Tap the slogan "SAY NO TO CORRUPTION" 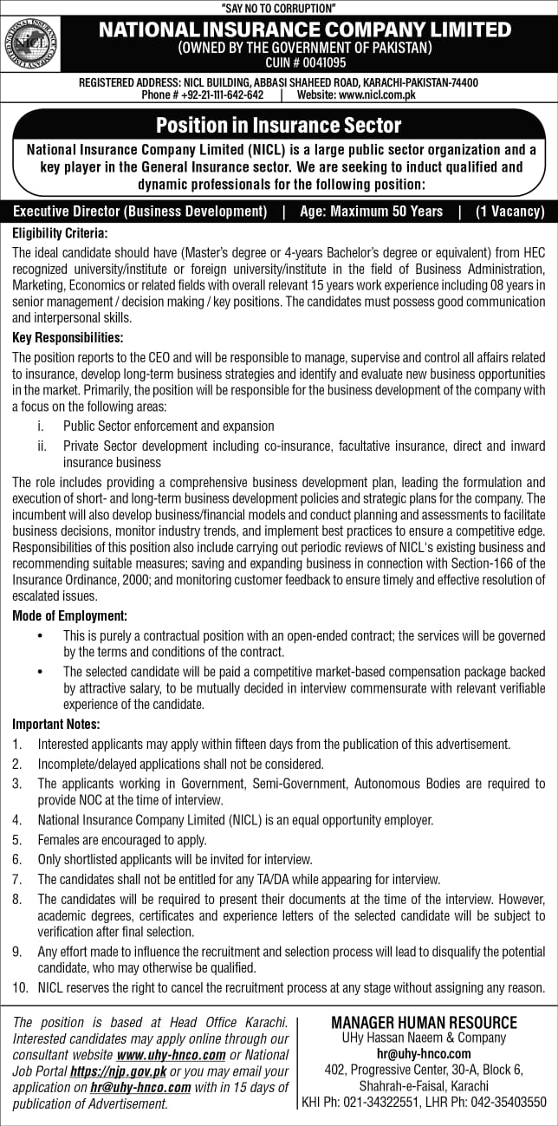(278, 8)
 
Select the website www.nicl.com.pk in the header (356, 94)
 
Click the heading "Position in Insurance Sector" (278, 126)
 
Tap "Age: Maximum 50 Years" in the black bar (371, 211)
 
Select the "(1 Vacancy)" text (509, 211)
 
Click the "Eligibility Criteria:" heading (59, 233)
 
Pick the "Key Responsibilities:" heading (68, 337)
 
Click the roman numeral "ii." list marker (41, 446)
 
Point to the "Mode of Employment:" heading (69, 615)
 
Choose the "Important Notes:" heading (56, 724)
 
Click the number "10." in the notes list (20, 987)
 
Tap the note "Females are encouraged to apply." (122, 840)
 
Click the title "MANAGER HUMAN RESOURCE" (424, 1022)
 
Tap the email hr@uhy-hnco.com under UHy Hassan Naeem (424, 1053)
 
